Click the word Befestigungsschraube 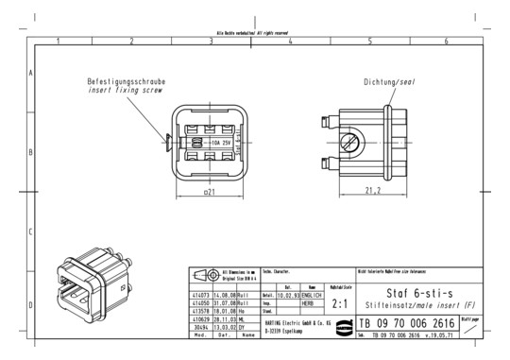tap(109, 82)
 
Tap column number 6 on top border tap(446, 41)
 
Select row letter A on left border tap(32, 72)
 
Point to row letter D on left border tap(32, 304)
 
